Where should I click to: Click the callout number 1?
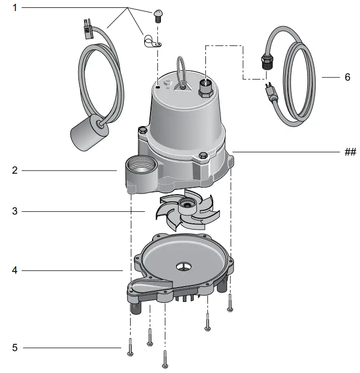pyautogui.click(x=15, y=7)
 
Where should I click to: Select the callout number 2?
pyautogui.click(x=15, y=170)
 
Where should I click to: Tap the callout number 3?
pyautogui.click(x=15, y=211)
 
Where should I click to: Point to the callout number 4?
pyautogui.click(x=15, y=270)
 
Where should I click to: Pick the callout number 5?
pyautogui.click(x=15, y=347)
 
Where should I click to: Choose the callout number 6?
pyautogui.click(x=347, y=77)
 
